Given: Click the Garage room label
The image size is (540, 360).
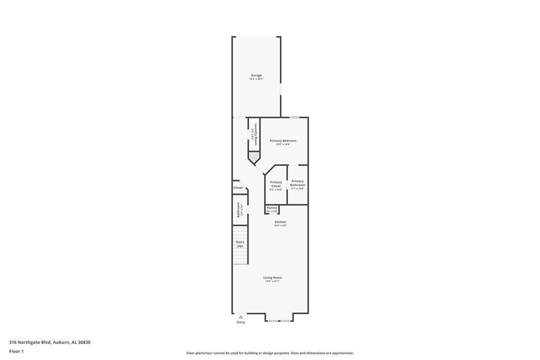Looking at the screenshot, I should tap(256, 76).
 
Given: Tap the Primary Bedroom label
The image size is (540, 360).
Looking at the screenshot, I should tap(283, 141).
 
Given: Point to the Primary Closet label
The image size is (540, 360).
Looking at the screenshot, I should tap(276, 184).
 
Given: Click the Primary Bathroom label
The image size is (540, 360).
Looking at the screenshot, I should tap(297, 183).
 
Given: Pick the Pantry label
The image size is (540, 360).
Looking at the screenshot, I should tap(271, 208).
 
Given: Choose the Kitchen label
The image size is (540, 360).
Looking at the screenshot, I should tap(280, 222).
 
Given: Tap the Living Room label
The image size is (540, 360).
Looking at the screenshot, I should tap(272, 277).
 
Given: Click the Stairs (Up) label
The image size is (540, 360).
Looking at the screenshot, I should tap(240, 244).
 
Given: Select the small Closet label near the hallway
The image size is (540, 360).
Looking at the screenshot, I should tap(238, 187).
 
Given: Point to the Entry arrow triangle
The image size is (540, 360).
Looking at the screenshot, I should tap(241, 317).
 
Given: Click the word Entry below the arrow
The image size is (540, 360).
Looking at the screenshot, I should tap(241, 322).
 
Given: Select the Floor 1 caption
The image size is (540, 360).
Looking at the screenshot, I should tap(16, 351).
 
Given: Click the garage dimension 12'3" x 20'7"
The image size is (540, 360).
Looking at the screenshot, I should tap(256, 79).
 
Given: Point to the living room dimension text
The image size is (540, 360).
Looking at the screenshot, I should tap(272, 281).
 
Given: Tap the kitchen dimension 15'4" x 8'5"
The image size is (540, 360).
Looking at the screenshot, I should tap(280, 226).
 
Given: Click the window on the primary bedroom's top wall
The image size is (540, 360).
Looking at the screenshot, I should tap(294, 117).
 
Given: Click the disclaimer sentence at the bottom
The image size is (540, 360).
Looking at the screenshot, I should tap(270, 353).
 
